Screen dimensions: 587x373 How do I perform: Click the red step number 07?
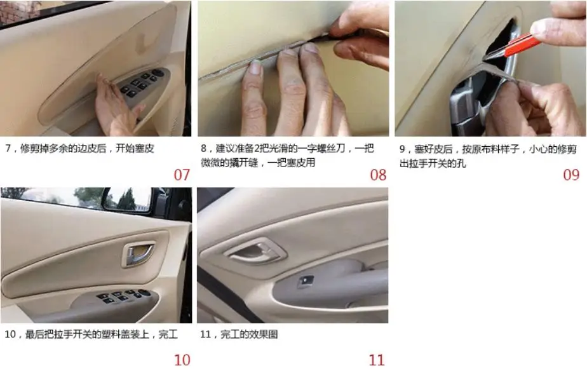point(182,175)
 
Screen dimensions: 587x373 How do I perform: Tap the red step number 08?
point(378,175)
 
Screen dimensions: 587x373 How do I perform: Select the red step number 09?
point(571,175)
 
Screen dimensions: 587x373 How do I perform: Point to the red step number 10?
point(182,360)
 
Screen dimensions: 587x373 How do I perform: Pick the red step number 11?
point(377,360)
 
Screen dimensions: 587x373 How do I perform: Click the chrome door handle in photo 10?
point(139,254)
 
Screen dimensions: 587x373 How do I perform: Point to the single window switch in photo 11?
point(306,281)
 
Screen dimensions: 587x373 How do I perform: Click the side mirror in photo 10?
point(127,200)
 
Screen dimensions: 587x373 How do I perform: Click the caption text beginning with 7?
point(80,149)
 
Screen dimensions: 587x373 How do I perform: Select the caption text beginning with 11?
point(240,334)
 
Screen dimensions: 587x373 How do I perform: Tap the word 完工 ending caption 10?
point(168,334)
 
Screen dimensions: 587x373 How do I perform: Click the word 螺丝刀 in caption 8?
point(330,149)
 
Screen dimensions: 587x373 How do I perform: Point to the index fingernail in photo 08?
point(255,67)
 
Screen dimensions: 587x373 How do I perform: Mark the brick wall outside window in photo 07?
point(18,11)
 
